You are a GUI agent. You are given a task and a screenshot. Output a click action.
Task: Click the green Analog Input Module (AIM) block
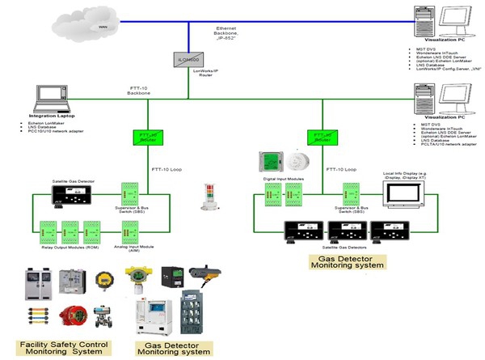[x=129, y=230]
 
